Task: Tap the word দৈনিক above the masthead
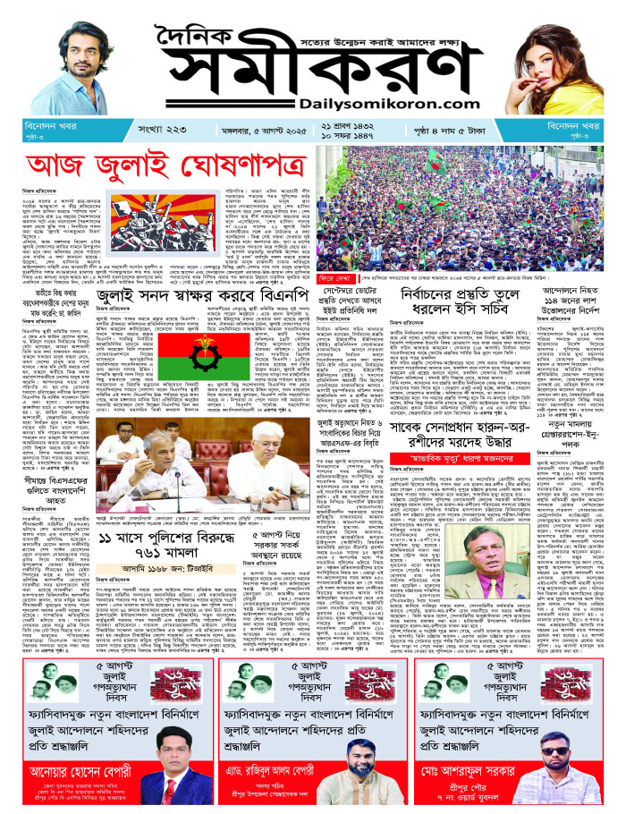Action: (208, 31)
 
